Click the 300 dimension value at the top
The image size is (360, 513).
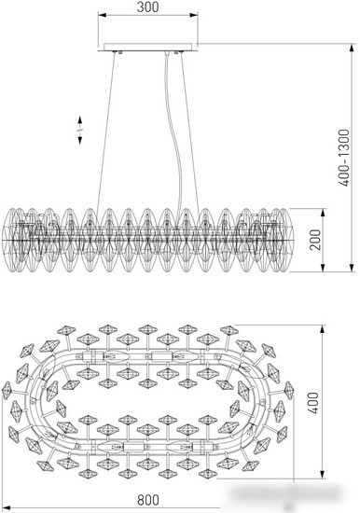pos(148,7)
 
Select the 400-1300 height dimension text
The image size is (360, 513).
pos(343,158)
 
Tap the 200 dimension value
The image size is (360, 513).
pos(315,240)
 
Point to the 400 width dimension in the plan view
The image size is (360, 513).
pos(313,403)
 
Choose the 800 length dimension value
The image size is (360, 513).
pos(148,500)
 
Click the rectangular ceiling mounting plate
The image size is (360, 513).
pos(148,48)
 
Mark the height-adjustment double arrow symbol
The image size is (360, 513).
pos(80,130)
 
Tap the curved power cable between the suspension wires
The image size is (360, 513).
pos(173,137)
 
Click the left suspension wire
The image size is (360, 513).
pos(106,131)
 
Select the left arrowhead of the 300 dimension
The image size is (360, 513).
pos(102,15)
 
